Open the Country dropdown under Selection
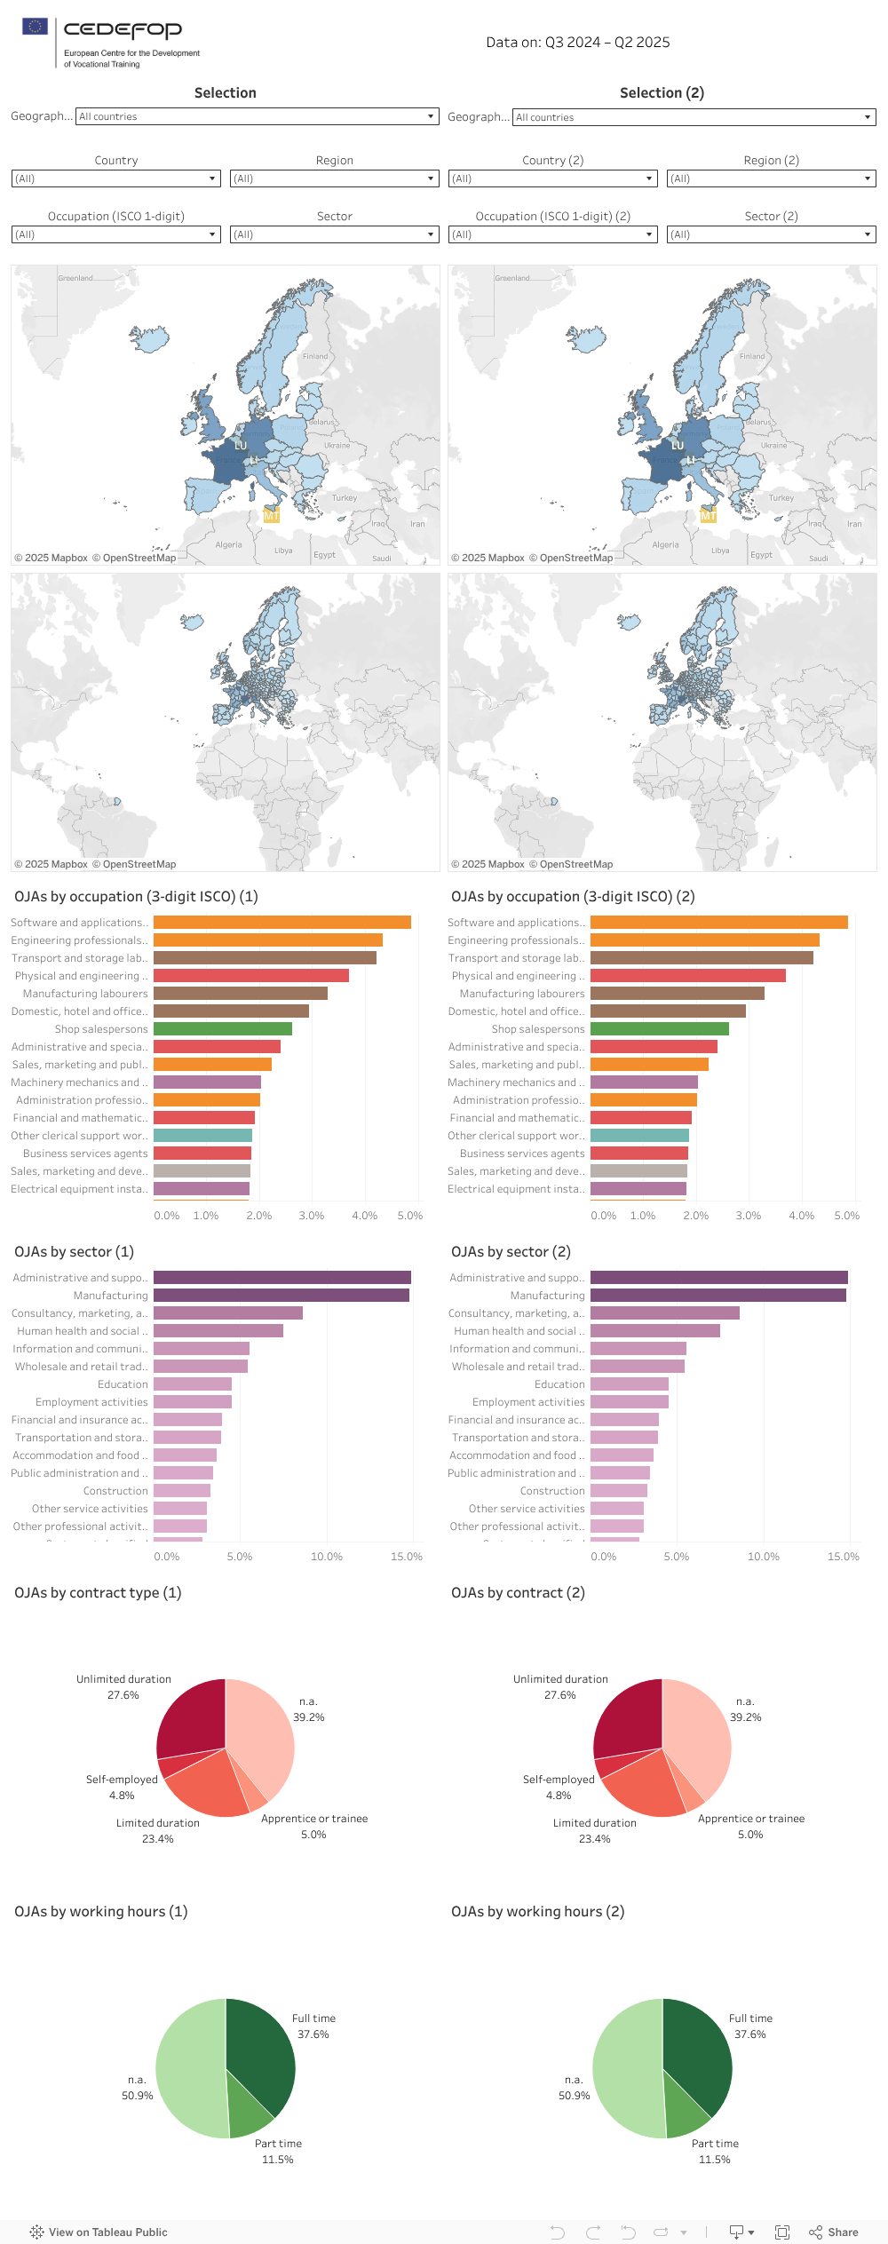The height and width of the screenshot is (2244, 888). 115,178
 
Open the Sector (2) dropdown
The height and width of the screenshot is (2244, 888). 771,234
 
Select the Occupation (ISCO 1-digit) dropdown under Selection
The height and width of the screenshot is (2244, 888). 115,234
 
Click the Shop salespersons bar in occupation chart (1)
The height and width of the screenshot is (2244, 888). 222,1029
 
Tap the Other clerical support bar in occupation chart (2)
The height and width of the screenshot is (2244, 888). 639,1136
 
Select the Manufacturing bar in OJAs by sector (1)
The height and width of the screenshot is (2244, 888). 281,1296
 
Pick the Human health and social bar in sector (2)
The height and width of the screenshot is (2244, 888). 654,1331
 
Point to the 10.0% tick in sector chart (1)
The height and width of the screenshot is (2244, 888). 326,1557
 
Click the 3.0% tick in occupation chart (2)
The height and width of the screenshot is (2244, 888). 748,1216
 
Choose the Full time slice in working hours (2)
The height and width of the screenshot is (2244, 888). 696,2050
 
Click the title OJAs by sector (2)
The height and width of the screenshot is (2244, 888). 511,1252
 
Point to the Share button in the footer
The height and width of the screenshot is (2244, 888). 834,2232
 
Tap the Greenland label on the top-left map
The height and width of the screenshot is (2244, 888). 75,278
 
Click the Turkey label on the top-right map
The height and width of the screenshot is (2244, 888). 781,498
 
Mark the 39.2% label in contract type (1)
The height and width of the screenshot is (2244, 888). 308,1717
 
